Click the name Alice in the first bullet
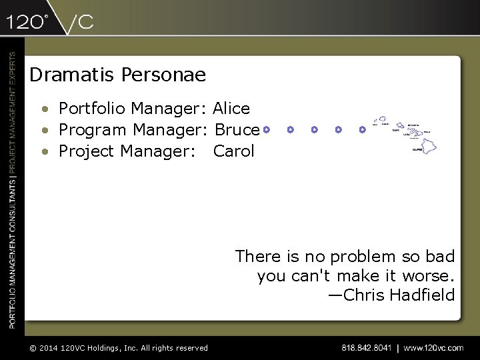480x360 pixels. pos(231,109)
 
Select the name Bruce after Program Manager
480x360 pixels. pos(237,130)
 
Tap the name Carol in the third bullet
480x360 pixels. pos(233,151)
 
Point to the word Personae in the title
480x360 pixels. pos(164,75)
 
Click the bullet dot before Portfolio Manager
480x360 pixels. pos(44,109)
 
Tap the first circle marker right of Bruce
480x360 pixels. pos(266,129)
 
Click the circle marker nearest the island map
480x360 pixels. pos(362,129)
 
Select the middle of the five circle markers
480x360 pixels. pos(314,129)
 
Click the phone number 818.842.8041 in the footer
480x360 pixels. pos(366,348)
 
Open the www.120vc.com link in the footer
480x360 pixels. pos(433,348)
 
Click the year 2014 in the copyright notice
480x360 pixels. pos(47,348)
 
